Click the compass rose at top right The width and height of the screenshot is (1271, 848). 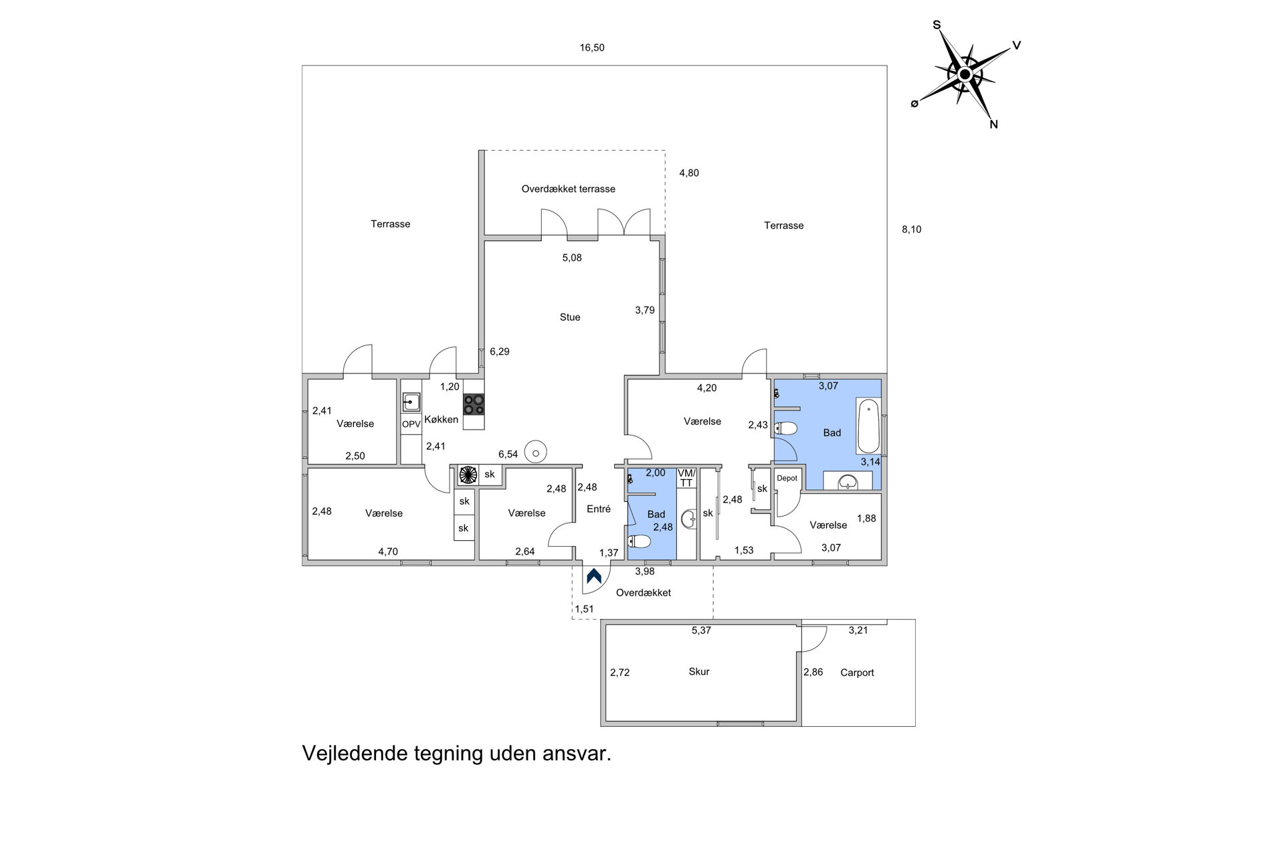click(965, 74)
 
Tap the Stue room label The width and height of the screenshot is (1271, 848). click(570, 317)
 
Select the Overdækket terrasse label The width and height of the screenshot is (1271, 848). click(569, 189)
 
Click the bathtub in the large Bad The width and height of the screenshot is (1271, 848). click(868, 426)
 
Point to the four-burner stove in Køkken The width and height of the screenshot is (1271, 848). click(474, 404)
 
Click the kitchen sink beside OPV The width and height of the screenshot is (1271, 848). click(411, 402)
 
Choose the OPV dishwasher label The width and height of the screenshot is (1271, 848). click(411, 424)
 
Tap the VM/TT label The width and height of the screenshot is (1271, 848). click(686, 478)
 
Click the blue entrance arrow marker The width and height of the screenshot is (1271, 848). click(593, 576)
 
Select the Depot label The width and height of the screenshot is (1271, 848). click(787, 479)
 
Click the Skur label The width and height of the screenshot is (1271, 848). click(699, 672)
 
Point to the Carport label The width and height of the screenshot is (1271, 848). click(857, 673)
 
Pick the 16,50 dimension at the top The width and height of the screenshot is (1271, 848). click(592, 48)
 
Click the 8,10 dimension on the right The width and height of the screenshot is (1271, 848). click(911, 230)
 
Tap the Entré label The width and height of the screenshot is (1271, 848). click(599, 509)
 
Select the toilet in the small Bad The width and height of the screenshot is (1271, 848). click(640, 541)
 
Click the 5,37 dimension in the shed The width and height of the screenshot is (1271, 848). click(701, 630)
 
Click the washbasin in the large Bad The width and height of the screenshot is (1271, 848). click(848, 481)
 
